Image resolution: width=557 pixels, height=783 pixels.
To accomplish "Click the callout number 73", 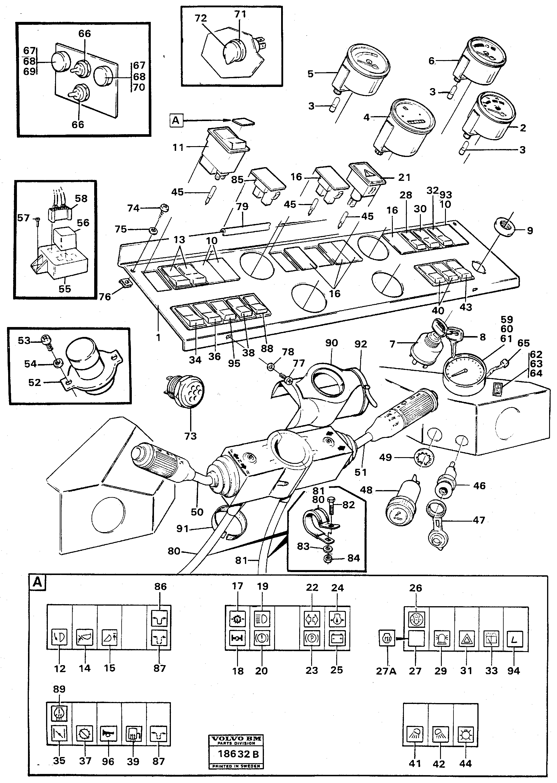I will click(x=190, y=436).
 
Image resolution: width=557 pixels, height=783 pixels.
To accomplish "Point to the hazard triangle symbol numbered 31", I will click(x=466, y=639).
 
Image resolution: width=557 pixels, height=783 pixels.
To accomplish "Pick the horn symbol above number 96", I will click(x=108, y=734).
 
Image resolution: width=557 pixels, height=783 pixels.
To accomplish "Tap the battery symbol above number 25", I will click(x=337, y=639).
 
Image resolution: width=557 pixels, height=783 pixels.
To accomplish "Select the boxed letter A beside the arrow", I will click(x=176, y=120).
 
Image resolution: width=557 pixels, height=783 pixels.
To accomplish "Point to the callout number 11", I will click(x=178, y=147).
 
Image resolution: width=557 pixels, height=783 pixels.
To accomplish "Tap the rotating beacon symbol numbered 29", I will click(x=441, y=639).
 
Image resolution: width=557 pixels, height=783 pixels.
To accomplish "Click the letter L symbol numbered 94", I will click(x=515, y=639).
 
